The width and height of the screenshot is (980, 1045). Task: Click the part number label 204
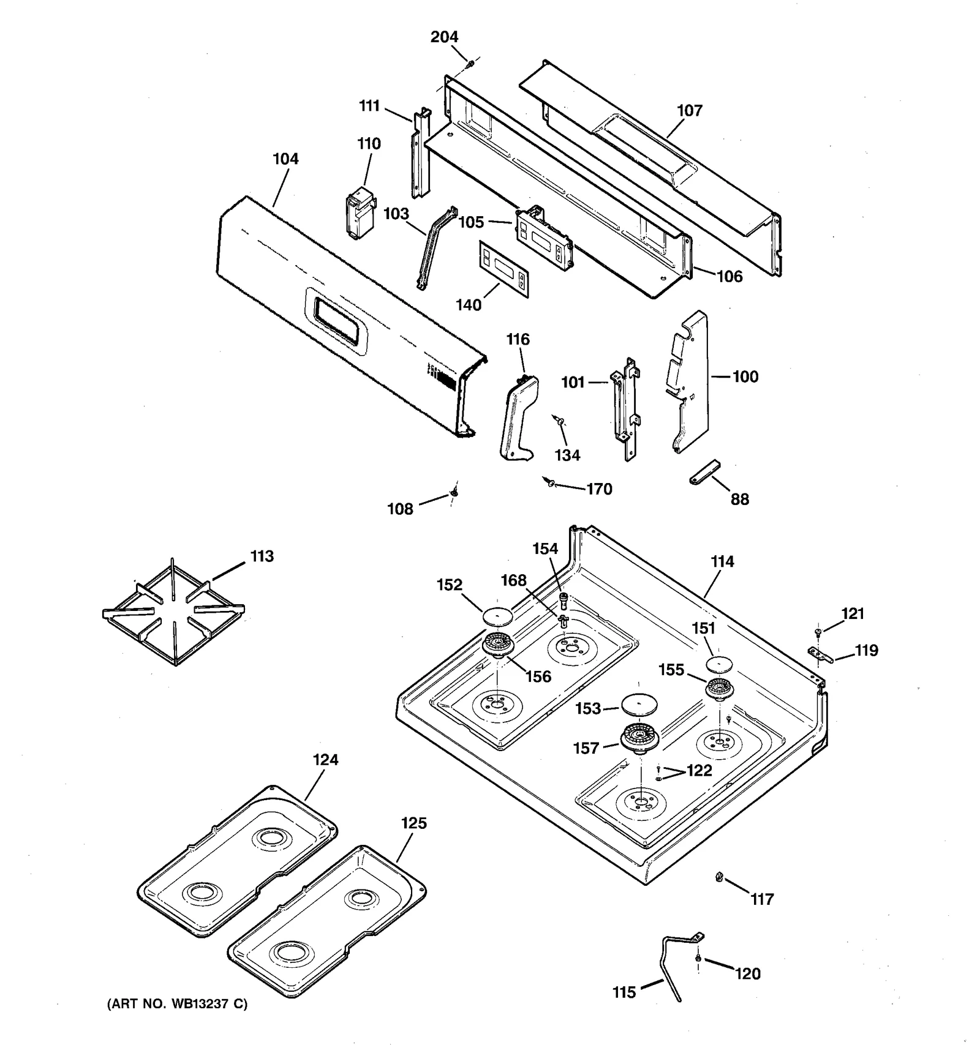[x=444, y=37]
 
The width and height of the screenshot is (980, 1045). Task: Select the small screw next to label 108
[x=454, y=491]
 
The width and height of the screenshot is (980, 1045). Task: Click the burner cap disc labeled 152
[x=497, y=616]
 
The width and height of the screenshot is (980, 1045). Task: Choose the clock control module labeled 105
[x=545, y=236]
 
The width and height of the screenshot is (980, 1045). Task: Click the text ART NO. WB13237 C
[x=178, y=1004]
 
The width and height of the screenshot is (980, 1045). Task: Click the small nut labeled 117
[x=719, y=878]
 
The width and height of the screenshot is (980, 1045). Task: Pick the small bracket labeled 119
[x=821, y=655]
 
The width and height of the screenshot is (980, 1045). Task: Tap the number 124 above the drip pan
[x=325, y=760]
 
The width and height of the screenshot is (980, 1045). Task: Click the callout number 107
[x=689, y=111]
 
